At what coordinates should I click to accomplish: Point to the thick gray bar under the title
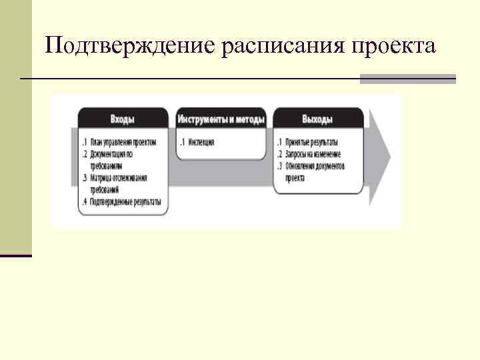pos(407,79)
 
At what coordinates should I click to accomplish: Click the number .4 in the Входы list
pos(83,201)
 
